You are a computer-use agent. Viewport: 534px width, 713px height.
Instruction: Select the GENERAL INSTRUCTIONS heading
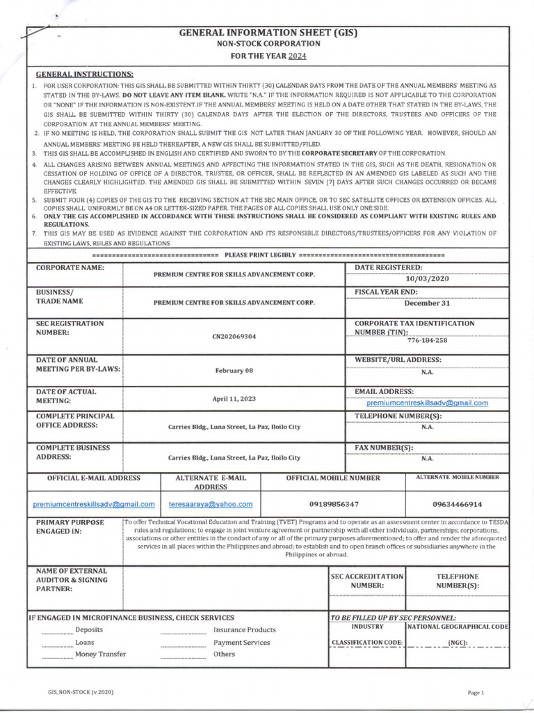click(x=85, y=74)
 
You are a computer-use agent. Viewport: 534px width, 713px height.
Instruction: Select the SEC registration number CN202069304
click(x=234, y=336)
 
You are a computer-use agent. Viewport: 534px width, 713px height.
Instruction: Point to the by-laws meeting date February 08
click(x=234, y=370)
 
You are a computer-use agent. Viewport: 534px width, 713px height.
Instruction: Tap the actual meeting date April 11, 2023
click(x=234, y=399)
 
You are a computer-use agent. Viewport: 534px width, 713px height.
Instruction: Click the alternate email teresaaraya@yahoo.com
click(x=211, y=503)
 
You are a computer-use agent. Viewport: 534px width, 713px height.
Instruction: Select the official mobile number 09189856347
click(x=333, y=503)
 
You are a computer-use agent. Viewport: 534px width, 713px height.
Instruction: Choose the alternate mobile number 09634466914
click(x=457, y=503)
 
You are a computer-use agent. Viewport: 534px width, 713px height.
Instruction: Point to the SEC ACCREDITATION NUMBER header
click(x=367, y=581)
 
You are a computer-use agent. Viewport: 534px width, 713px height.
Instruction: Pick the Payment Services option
click(x=241, y=642)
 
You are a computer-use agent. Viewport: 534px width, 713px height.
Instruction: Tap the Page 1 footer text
click(x=476, y=692)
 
